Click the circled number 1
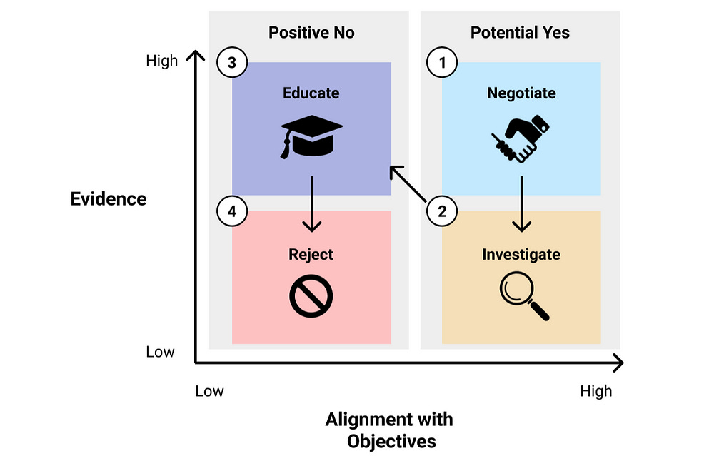click(441, 63)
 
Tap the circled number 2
click(441, 211)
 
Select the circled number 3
click(231, 63)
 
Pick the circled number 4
click(231, 211)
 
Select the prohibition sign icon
click(311, 295)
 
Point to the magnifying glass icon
click(523, 295)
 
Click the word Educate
click(311, 93)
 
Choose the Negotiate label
click(521, 93)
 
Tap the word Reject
click(311, 254)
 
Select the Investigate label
click(521, 254)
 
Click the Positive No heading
click(311, 32)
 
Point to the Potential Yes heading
click(521, 32)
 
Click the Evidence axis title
click(109, 198)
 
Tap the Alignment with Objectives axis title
click(390, 430)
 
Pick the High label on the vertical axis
click(161, 61)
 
